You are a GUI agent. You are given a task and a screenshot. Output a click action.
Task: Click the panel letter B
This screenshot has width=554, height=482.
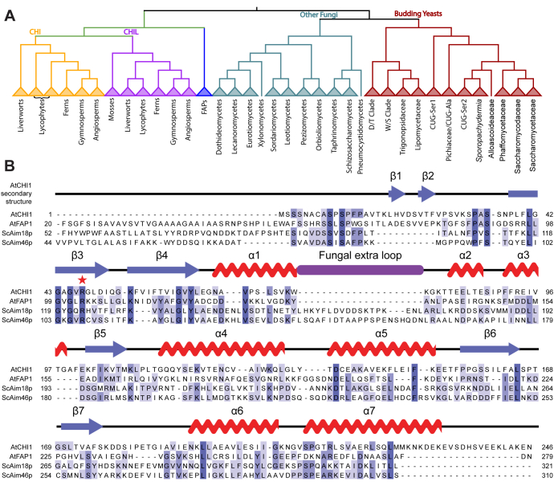coord(10,167)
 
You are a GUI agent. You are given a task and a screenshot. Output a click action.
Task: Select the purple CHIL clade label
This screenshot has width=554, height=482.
coord(133,32)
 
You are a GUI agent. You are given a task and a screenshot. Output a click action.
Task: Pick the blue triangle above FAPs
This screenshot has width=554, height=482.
coord(206,91)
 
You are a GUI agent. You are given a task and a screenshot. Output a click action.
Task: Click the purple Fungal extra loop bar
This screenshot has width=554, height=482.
coord(359,271)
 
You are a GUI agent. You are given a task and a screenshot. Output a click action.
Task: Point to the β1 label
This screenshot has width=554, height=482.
coord(395,175)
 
